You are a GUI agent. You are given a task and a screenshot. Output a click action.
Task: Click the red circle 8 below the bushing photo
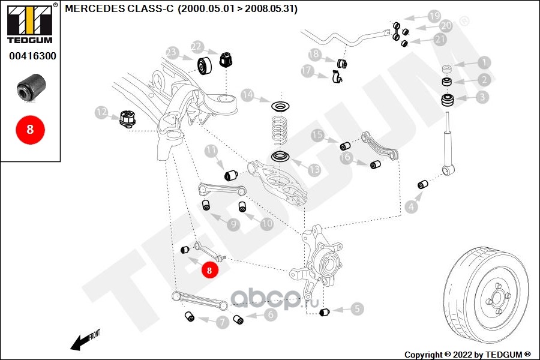(29, 129)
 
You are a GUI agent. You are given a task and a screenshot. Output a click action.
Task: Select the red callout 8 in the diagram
(209, 271)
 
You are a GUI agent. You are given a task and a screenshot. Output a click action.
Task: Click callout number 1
(483, 62)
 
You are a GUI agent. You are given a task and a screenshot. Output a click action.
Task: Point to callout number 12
(101, 112)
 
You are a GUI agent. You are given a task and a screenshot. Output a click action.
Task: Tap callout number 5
(356, 310)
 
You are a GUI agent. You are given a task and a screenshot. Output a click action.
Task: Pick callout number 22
(197, 46)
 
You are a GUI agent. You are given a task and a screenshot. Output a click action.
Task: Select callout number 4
(410, 207)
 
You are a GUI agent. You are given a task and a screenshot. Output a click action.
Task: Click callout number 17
(307, 71)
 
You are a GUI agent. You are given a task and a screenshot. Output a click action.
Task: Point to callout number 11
(211, 150)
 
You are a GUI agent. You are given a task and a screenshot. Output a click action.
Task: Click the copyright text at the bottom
(468, 354)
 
